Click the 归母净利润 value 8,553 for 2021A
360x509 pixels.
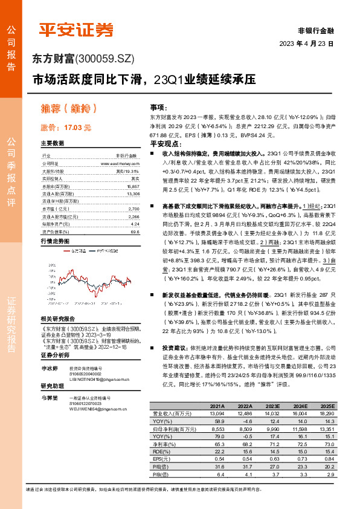(216, 445)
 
